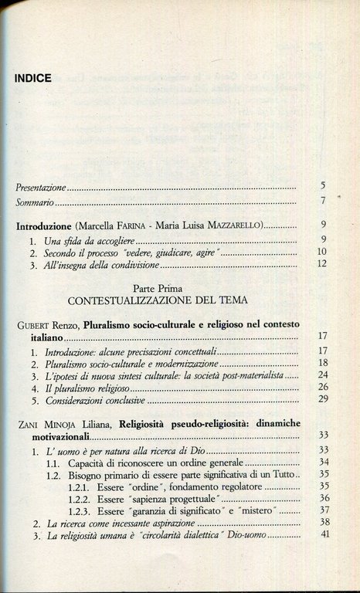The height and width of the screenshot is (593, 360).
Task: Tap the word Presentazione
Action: [41, 188]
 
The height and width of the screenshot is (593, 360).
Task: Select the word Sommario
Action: [35, 204]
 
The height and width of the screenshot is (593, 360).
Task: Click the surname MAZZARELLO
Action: [235, 227]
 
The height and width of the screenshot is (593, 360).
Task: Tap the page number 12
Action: [324, 265]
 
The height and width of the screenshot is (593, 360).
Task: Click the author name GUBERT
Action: [33, 325]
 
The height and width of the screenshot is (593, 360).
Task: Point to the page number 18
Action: [324, 362]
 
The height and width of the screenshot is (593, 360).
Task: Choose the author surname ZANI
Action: [29, 425]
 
